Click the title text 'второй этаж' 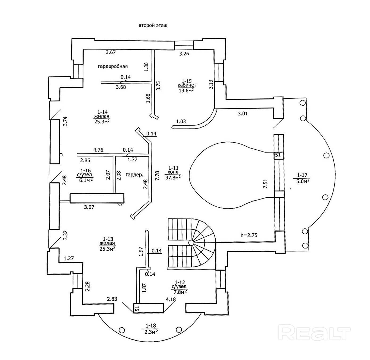tap(153, 26)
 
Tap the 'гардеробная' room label tap(113, 66)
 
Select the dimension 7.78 tap(157, 176)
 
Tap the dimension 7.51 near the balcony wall tap(265, 184)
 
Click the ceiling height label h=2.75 tap(249, 235)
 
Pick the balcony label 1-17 tap(302, 175)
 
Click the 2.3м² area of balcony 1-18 tap(150, 331)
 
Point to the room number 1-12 tap(180, 282)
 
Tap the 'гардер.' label tap(134, 175)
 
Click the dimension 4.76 tap(98, 150)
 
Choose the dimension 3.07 tap(89, 207)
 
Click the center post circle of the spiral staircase tap(191, 242)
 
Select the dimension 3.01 tap(242, 114)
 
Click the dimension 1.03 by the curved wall tap(181, 122)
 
